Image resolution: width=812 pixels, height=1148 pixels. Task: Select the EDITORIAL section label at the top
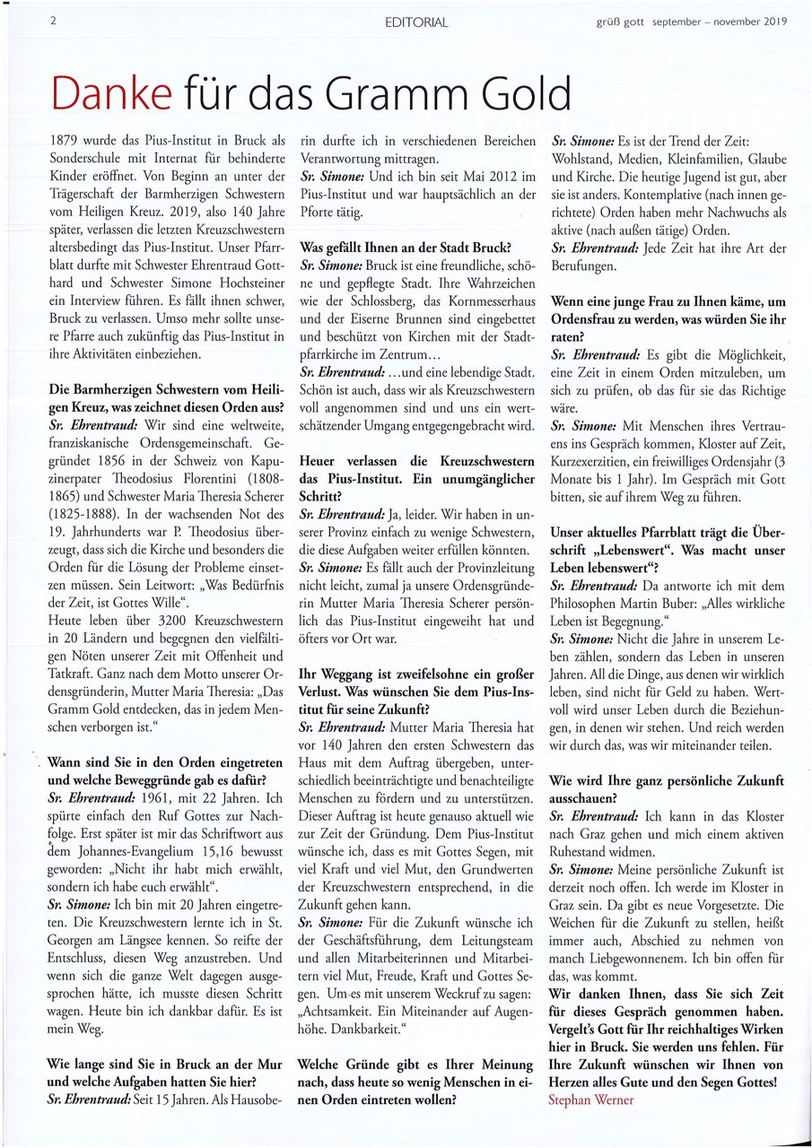(415, 22)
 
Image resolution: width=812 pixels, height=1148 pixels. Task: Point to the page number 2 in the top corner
(55, 21)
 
